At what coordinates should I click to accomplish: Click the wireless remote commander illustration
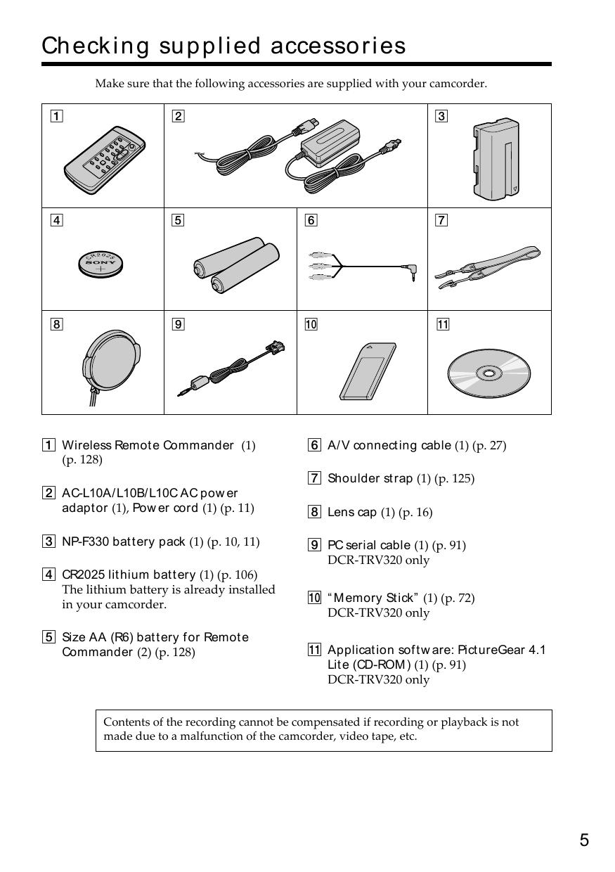pyautogui.click(x=104, y=160)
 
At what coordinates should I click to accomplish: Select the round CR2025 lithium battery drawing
pyautogui.click(x=101, y=263)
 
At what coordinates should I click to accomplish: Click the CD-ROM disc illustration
pyautogui.click(x=489, y=371)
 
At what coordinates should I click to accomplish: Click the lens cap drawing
pyautogui.click(x=110, y=364)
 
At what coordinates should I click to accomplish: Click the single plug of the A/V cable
pyautogui.click(x=408, y=269)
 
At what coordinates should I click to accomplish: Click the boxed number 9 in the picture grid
pyautogui.click(x=179, y=324)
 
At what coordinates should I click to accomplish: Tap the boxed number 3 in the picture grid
pyautogui.click(x=441, y=117)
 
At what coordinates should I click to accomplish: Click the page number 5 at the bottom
pyautogui.click(x=584, y=840)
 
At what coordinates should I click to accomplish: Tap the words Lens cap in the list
pyautogui.click(x=352, y=512)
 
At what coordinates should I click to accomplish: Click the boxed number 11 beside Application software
pyautogui.click(x=314, y=650)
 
